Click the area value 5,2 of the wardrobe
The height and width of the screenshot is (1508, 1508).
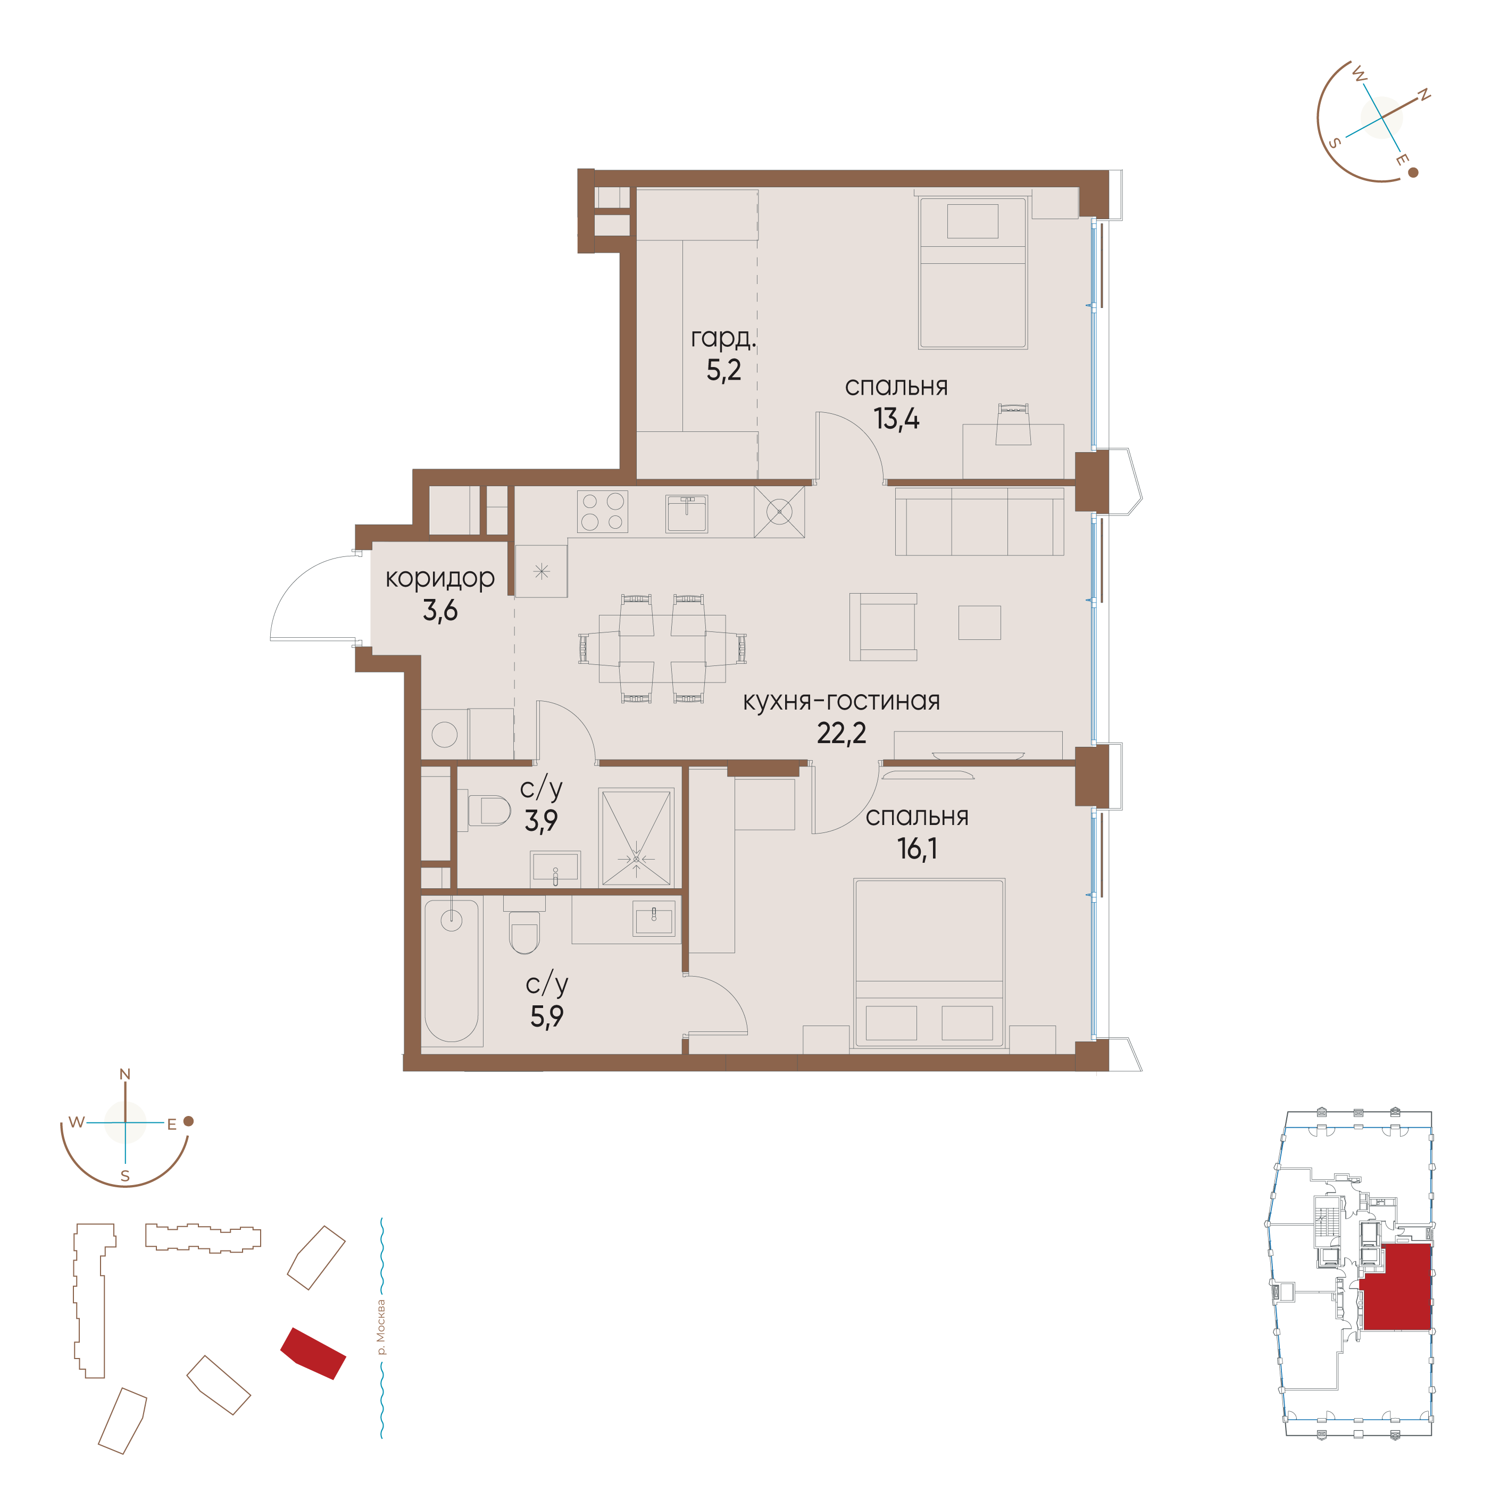pyautogui.click(x=723, y=370)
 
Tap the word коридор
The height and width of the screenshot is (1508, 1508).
pyautogui.click(x=440, y=578)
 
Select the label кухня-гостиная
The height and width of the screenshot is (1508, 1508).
pyautogui.click(x=842, y=701)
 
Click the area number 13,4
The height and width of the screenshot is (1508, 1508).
pyautogui.click(x=896, y=419)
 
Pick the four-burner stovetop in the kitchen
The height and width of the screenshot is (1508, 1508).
pyautogui.click(x=603, y=512)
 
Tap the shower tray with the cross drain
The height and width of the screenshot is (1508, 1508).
pyautogui.click(x=636, y=838)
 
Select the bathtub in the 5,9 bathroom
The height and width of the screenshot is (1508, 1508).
pyautogui.click(x=451, y=970)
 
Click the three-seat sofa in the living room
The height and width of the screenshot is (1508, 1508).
pyautogui.click(x=980, y=521)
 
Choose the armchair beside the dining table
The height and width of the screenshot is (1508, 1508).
pyautogui.click(x=883, y=627)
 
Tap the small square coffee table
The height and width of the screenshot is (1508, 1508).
pyautogui.click(x=980, y=623)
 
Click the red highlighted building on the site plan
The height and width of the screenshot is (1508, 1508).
pyautogui.click(x=313, y=1353)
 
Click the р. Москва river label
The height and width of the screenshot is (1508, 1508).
pyautogui.click(x=380, y=1327)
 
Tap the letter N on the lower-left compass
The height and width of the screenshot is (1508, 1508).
pyautogui.click(x=125, y=1074)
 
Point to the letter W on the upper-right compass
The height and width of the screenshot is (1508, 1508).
pyautogui.click(x=1359, y=76)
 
